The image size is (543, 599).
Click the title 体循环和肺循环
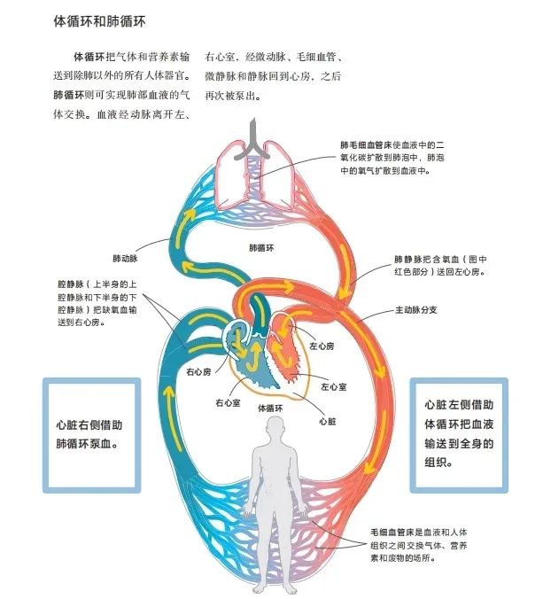pos(99,21)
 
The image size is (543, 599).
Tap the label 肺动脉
pos(125,259)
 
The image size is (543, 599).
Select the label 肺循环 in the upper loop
pos(261,248)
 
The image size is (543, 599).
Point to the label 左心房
pos(322,346)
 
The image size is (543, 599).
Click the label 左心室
pos(334,387)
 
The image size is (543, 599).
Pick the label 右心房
pos(198,371)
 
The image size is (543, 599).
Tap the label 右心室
pos(228,402)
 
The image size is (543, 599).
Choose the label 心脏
pos(328,422)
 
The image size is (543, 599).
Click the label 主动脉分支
pos(415,310)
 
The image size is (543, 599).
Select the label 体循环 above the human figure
pos(271,408)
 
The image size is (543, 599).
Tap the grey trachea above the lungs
pos(252,140)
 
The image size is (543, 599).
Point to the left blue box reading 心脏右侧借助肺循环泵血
pos(91,435)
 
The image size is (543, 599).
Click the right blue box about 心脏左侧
pos(459,435)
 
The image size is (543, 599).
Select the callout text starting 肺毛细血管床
pos(392,158)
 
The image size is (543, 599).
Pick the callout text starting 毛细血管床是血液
pos(419,545)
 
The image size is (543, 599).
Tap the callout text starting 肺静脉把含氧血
pos(440,266)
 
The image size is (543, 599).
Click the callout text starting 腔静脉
pos(97,303)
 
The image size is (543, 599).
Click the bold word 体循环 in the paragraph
pos(89,57)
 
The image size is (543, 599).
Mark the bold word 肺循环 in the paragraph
pos(68,95)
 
